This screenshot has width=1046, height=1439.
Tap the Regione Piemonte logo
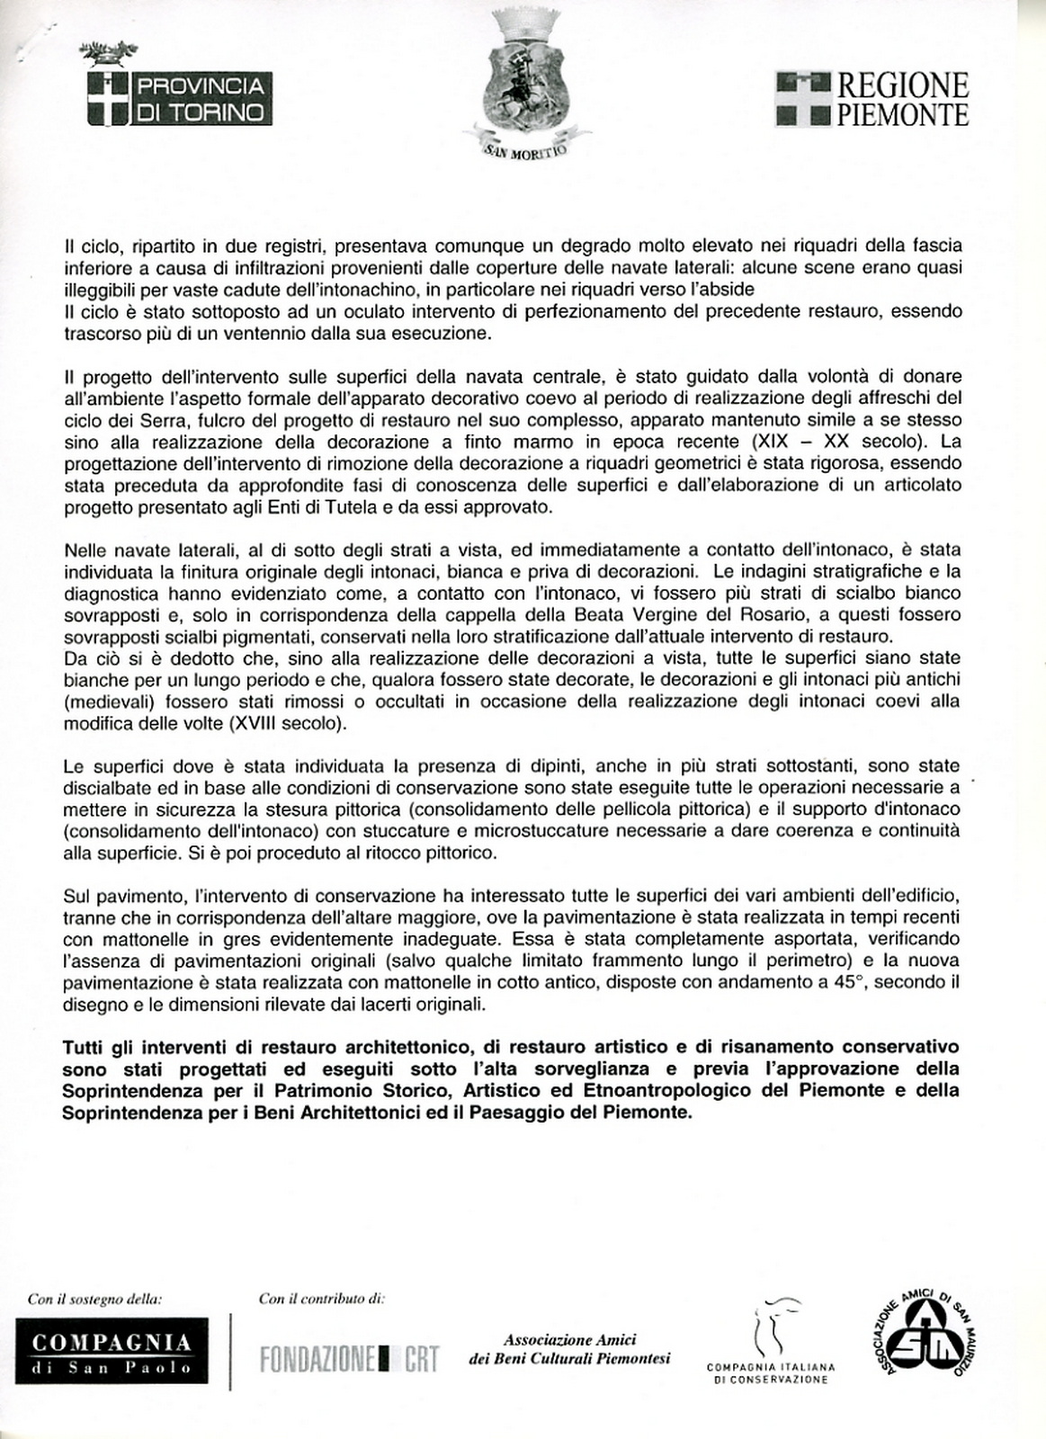click(x=872, y=99)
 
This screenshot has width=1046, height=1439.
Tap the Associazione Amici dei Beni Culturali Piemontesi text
click(x=569, y=1349)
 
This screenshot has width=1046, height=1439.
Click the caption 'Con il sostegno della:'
click(x=94, y=1299)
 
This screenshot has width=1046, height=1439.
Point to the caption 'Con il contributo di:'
click(x=321, y=1299)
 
